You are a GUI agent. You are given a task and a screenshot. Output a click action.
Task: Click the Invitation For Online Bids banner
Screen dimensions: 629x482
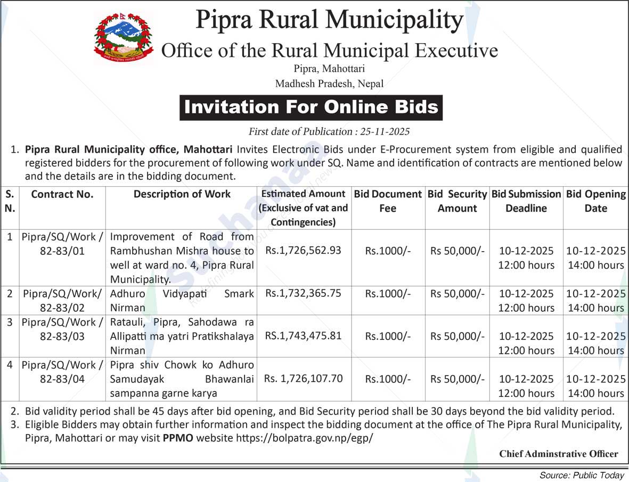311,107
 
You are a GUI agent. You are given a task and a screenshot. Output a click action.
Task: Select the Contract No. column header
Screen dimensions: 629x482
62,195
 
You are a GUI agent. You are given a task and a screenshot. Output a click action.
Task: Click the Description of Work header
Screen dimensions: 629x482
182,195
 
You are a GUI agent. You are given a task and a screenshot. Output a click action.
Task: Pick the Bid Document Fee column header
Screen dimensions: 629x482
388,201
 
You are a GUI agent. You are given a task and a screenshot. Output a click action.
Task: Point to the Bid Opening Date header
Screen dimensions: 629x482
596,201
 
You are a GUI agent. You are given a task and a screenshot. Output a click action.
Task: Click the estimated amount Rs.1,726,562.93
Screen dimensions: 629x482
304,250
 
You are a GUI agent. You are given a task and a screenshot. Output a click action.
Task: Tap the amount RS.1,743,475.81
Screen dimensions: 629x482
304,336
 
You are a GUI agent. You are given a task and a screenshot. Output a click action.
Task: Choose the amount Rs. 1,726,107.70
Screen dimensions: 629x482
304,379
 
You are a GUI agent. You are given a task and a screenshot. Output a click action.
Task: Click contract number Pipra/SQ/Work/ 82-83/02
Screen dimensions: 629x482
62,300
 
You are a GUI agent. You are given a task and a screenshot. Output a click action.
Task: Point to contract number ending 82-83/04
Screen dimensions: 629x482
62,379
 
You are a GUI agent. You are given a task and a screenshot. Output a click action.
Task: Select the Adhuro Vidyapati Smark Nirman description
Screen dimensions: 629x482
182,300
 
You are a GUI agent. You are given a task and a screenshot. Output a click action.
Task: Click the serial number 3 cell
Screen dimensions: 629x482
10,322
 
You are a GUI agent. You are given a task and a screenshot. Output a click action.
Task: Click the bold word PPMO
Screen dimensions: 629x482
177,438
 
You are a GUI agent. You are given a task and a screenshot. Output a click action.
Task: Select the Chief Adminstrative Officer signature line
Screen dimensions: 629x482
559,454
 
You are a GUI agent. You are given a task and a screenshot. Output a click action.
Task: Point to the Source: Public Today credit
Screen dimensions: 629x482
582,475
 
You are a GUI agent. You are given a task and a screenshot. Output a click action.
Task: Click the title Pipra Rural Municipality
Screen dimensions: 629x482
329,20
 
